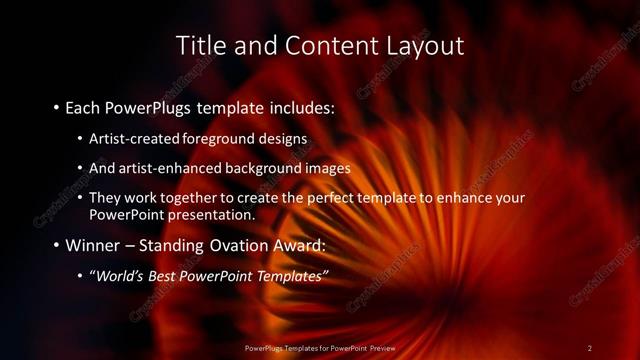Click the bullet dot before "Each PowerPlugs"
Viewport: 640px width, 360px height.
(55, 105)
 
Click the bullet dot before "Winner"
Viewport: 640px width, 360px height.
(55, 245)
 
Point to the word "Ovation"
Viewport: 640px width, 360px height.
(226, 245)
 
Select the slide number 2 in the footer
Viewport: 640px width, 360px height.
(590, 347)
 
